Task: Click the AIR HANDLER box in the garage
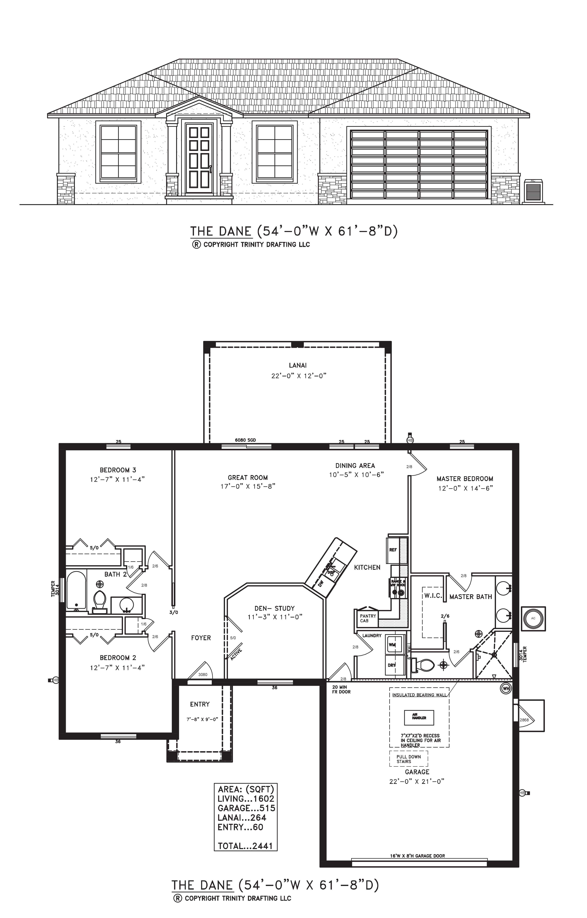[419, 718]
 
